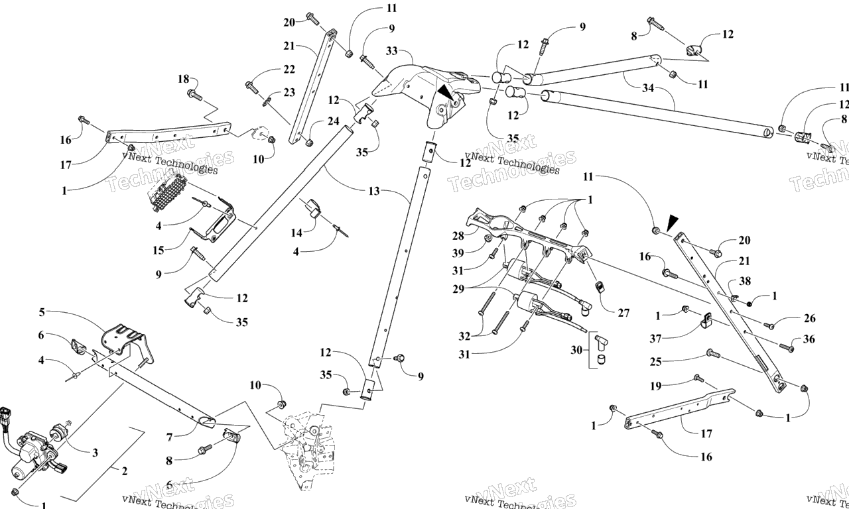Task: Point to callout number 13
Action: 374,191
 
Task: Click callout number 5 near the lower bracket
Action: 42,312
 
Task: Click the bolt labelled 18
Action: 194,95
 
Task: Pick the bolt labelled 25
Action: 712,354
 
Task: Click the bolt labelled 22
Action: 251,85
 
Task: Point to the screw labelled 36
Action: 786,347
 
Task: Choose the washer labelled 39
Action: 488,238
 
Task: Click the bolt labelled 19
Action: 698,378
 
